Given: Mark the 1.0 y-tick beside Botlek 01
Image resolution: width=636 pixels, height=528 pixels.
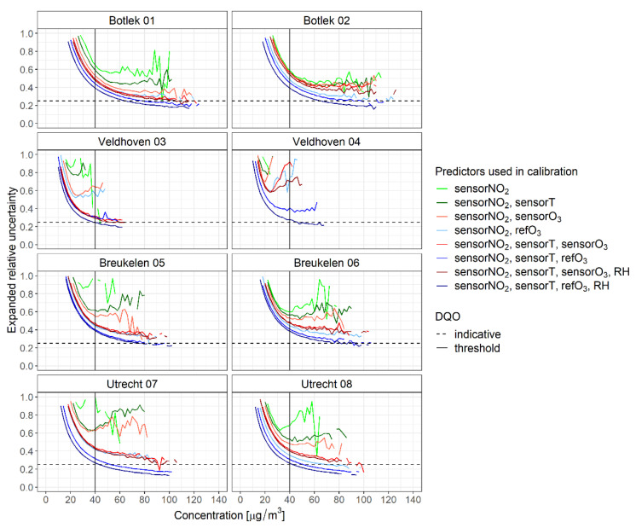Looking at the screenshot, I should point(26,34).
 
